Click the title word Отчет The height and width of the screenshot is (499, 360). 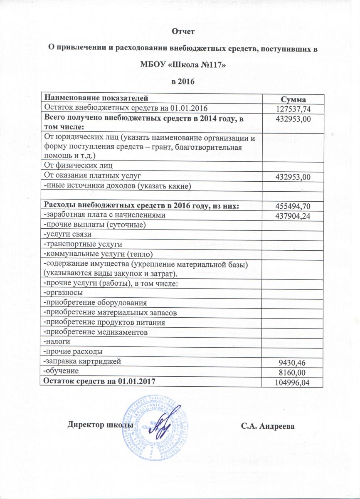pos(183,32)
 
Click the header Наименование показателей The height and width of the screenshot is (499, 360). pos(96,99)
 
